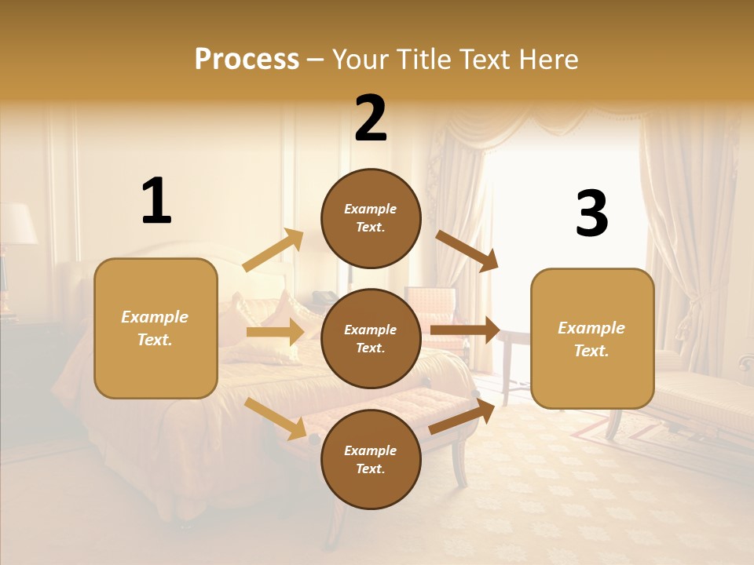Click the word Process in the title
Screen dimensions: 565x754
247,60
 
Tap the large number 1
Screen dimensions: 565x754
156,201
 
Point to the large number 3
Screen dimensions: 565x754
591,213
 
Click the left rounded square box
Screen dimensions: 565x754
156,328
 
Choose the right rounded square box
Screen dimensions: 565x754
592,339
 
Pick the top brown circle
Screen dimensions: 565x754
371,218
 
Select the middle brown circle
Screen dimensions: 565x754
371,338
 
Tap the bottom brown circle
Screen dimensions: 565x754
371,459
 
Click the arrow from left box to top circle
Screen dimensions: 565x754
273,251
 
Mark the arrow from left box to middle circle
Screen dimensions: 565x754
275,332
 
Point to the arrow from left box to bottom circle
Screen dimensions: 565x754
275,418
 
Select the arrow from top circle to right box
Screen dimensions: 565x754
467,251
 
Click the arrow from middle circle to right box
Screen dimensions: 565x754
465,330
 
